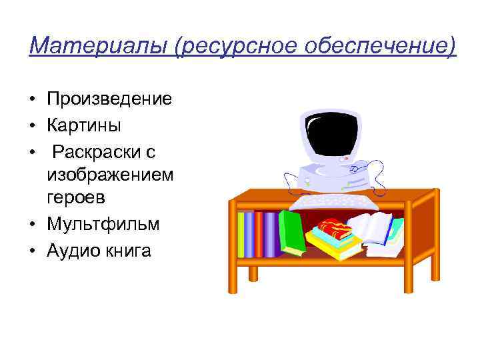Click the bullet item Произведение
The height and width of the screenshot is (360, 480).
[x=109, y=99]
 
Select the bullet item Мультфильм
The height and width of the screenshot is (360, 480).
[x=103, y=224]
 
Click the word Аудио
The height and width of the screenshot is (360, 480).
[x=70, y=251]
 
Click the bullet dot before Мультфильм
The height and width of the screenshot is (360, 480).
[x=32, y=225]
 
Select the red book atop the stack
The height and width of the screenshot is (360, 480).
[x=334, y=229]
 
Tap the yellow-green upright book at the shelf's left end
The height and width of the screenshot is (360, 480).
[x=241, y=234]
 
